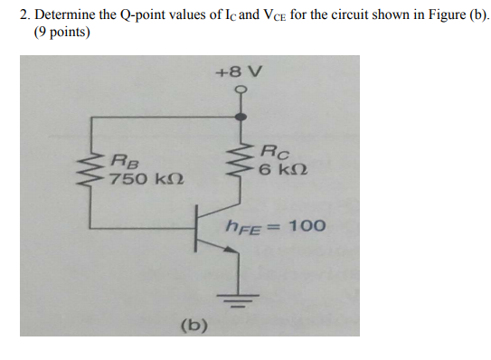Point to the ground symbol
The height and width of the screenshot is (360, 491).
pos(240,299)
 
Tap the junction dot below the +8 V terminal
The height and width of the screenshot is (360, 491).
pos(240,116)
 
